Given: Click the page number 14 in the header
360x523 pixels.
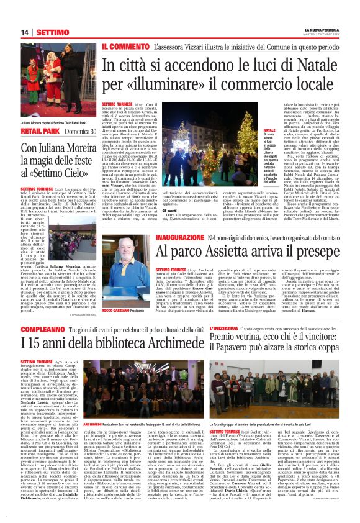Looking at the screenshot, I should pyautogui.click(x=25, y=32).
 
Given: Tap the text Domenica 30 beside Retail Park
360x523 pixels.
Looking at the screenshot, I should pyautogui.click(x=81, y=132).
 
